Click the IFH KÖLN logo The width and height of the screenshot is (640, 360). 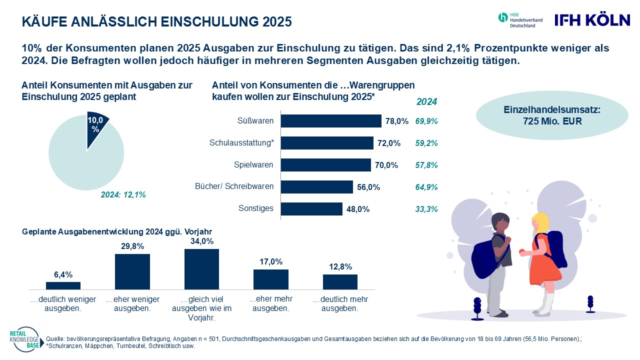[592, 20]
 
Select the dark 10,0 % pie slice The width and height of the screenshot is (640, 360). [96, 131]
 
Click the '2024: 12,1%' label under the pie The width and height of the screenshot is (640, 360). [123, 194]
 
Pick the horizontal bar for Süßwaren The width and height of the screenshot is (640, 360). [331, 121]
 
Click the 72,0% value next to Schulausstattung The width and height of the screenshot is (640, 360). [388, 143]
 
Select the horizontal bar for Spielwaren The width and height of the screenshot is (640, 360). [325, 165]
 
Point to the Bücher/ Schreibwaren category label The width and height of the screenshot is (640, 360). [234, 186]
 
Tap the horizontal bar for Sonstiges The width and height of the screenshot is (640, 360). [311, 208]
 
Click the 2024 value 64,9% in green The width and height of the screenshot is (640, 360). [426, 187]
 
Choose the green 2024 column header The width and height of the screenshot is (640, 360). [426, 102]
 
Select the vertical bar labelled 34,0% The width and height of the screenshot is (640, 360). [201, 268]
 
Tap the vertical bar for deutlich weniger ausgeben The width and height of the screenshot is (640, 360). [63, 285]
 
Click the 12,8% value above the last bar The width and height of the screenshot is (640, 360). [340, 266]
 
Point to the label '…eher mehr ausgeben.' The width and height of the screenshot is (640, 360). [270, 303]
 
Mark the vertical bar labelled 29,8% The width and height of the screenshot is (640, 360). [132, 271]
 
